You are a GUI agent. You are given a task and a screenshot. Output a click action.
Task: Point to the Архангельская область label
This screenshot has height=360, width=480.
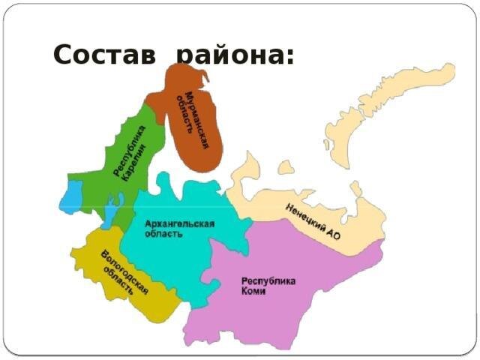pos(180,228)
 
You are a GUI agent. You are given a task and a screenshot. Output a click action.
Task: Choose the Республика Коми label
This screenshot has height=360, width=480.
pos(268,286)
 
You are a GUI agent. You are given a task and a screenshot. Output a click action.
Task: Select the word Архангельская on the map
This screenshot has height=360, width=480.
pos(181,223)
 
